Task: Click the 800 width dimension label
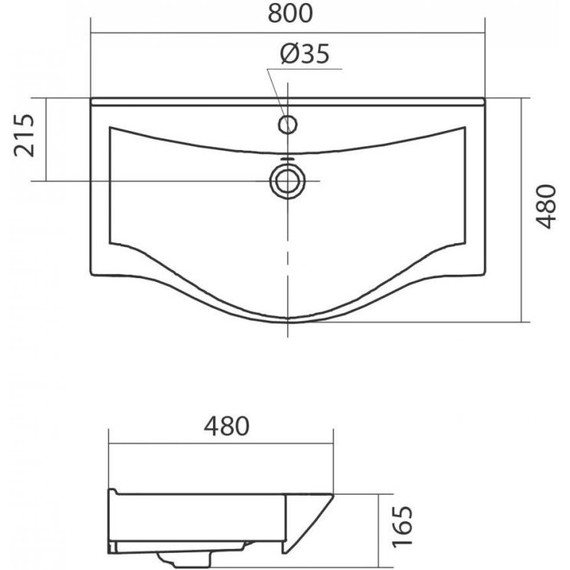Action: click(290, 13)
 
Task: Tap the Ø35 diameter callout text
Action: click(305, 54)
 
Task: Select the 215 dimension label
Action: click(24, 135)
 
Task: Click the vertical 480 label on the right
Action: click(546, 206)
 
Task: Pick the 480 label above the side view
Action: click(226, 426)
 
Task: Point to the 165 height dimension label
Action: click(403, 527)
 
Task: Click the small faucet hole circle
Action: click(288, 125)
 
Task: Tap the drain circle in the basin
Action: click(287, 181)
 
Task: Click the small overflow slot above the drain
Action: click(288, 159)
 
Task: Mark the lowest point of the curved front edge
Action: click(288, 322)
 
